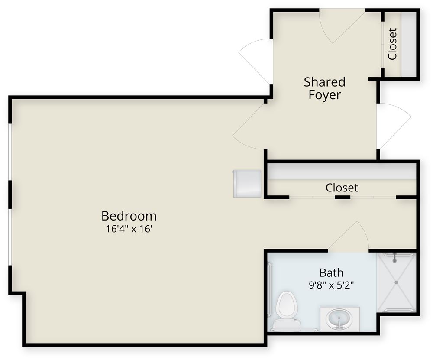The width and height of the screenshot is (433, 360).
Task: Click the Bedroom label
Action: (x=129, y=215)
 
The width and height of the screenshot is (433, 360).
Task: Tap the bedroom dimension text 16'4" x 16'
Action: (x=129, y=229)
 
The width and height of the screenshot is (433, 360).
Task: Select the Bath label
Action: (x=331, y=272)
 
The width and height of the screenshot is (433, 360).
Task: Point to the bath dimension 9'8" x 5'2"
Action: (x=331, y=286)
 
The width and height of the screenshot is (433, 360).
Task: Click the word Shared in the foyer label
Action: (x=324, y=81)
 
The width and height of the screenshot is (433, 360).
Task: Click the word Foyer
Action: (x=324, y=95)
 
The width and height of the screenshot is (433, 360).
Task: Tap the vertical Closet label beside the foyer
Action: (x=392, y=44)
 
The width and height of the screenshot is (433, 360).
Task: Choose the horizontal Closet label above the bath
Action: (x=342, y=188)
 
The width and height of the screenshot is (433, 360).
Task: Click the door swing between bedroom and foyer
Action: (x=249, y=126)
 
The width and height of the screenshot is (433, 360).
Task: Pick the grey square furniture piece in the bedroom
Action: (x=247, y=183)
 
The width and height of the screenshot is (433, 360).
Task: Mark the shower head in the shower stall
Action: (x=394, y=258)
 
